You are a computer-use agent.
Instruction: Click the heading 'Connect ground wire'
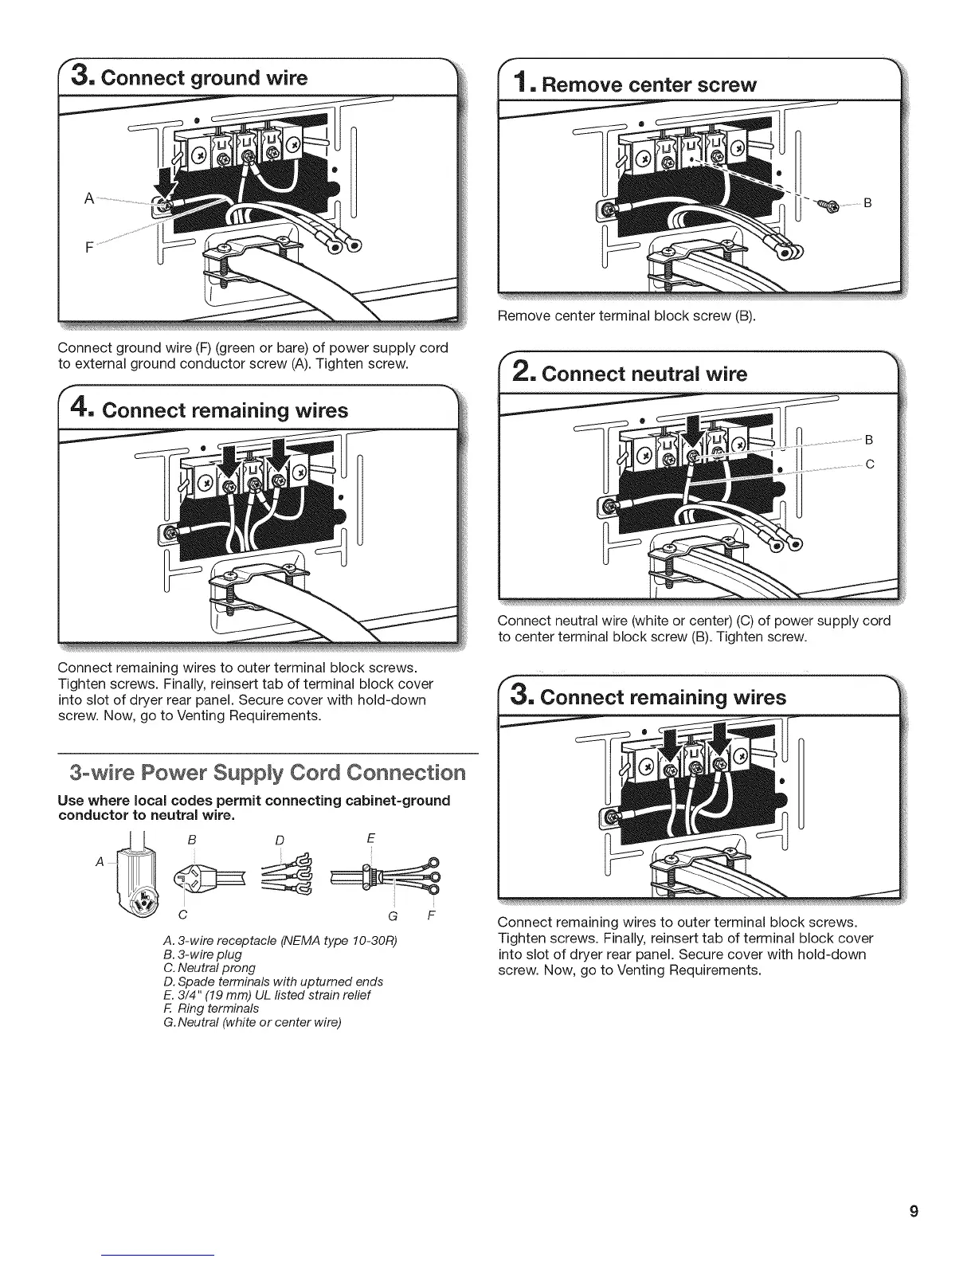(203, 77)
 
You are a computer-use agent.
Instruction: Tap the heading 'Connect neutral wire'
(644, 374)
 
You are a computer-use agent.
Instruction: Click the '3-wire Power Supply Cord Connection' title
(267, 773)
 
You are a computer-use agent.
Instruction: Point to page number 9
(914, 1212)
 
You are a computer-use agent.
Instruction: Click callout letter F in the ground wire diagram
(89, 246)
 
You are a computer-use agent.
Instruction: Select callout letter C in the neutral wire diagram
(870, 464)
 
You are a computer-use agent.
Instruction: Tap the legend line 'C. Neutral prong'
(209, 967)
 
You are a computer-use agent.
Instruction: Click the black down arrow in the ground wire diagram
(169, 179)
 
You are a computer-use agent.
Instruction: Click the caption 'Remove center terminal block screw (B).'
(625, 315)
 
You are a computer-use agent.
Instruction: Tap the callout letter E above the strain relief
(371, 838)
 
